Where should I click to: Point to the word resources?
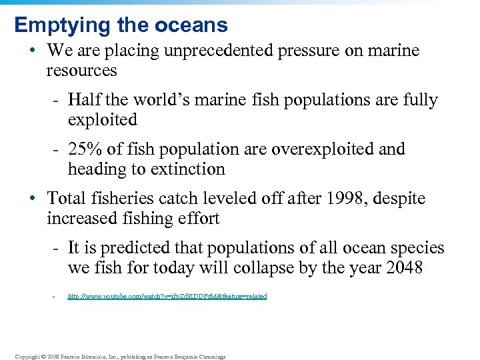coord(81,71)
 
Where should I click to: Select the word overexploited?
coord(323,149)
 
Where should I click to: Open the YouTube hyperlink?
coord(167,296)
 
